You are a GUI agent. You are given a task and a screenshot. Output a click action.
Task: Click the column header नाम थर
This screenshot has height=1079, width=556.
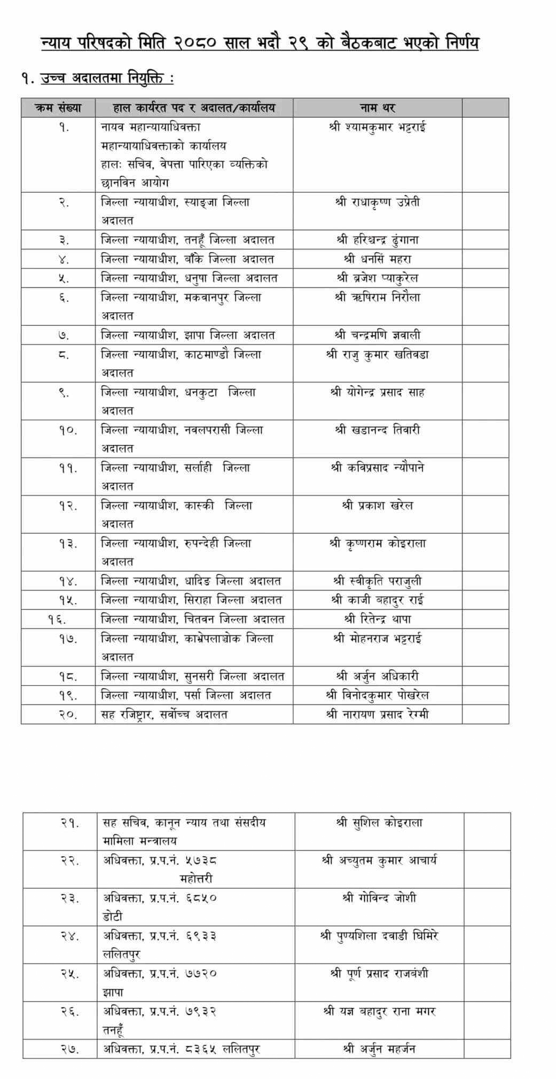pos(377,108)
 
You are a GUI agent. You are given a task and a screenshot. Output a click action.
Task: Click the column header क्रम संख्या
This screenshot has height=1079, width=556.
pos(58,108)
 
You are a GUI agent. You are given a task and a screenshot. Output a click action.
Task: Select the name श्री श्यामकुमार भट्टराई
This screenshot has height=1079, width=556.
pos(377,127)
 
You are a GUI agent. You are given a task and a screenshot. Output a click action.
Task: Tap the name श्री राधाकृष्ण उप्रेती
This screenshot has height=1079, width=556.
pos(377,202)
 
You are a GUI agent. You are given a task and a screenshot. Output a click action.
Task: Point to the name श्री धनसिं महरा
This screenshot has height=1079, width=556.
pos(377,259)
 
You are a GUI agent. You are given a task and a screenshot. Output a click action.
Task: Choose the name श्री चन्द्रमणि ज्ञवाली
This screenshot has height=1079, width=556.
pos(377,335)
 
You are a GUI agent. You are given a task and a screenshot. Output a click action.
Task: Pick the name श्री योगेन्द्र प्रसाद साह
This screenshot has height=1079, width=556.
pos(377,392)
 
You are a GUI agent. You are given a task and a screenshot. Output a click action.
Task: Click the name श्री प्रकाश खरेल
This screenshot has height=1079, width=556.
pos(377,506)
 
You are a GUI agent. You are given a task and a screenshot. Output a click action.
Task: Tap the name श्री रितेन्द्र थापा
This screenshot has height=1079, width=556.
pos(377,619)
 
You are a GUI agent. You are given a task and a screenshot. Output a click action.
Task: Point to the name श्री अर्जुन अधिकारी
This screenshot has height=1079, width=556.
pos(377,677)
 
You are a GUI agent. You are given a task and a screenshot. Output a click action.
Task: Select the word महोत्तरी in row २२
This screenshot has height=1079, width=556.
pos(196,879)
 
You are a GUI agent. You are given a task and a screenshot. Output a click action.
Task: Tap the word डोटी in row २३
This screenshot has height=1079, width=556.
pos(113,917)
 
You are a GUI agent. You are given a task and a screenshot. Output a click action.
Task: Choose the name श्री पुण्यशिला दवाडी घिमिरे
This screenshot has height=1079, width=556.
pos(379,936)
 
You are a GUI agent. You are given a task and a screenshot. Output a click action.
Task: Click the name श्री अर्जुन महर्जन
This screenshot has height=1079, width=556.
pos(379,1049)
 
